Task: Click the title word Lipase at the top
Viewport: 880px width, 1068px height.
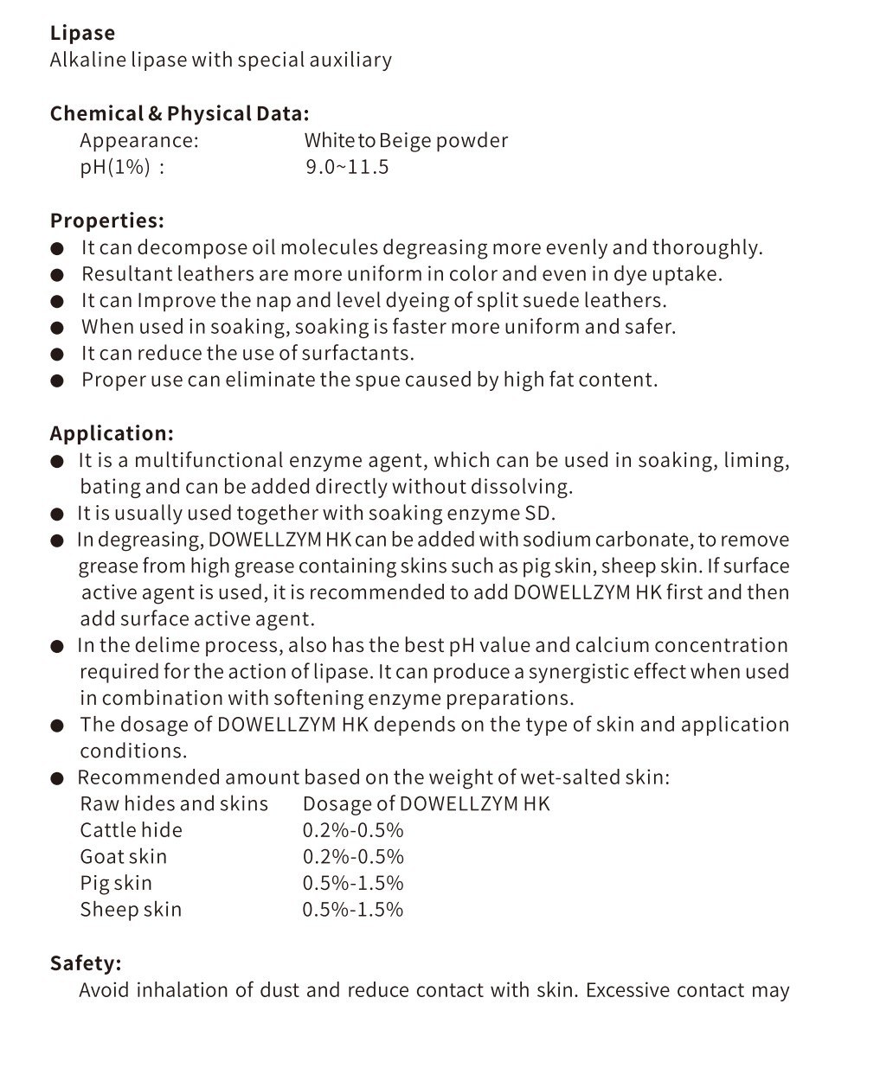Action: pos(82,33)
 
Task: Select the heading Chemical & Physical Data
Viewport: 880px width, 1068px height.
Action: pos(179,113)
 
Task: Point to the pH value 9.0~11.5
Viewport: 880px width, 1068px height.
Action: pos(347,167)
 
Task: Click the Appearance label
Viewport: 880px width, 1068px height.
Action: pos(138,140)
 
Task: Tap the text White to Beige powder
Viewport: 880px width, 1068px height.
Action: pos(406,140)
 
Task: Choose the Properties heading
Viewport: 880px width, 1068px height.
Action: pos(106,221)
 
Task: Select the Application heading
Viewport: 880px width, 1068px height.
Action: pos(112,433)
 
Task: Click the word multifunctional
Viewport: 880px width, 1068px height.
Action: pos(208,460)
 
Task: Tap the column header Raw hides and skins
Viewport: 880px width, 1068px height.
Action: pos(174,803)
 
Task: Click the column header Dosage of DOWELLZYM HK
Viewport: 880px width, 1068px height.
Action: pos(426,803)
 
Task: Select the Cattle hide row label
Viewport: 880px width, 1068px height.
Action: pos(131,830)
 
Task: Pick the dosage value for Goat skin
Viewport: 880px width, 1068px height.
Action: pos(353,856)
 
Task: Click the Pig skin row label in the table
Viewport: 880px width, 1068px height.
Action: pos(116,883)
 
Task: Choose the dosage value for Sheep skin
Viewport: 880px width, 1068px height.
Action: pos(353,909)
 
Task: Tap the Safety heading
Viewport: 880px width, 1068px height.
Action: pos(86,962)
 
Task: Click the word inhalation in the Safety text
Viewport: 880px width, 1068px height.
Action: pos(181,989)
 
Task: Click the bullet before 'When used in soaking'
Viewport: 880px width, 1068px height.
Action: pos(57,328)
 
